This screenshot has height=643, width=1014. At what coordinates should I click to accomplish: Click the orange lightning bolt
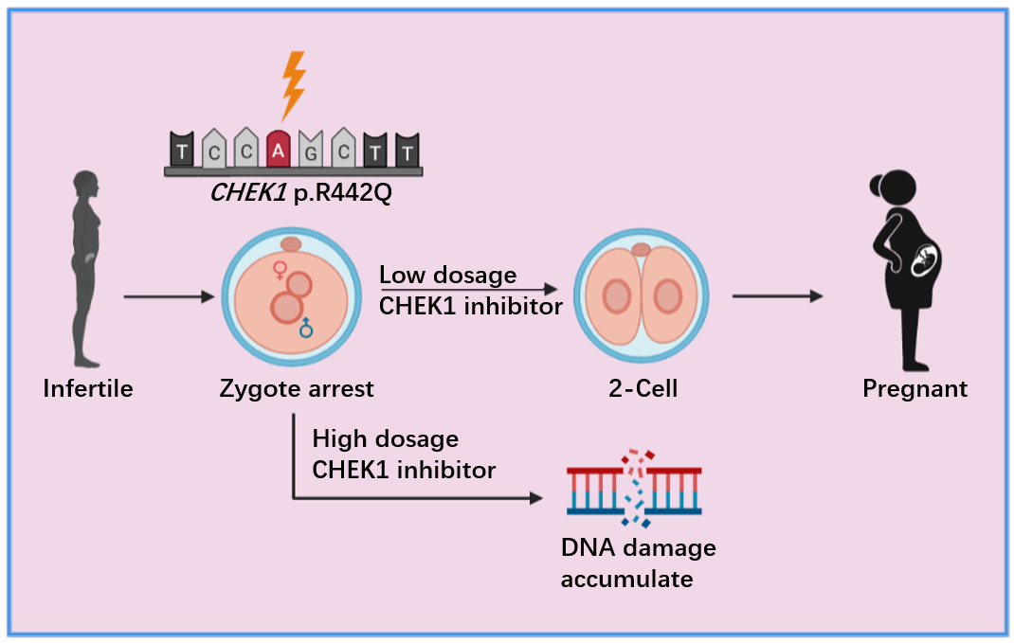point(295,84)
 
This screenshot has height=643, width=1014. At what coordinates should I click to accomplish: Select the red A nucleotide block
point(278,149)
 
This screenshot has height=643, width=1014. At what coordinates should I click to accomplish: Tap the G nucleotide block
point(309,149)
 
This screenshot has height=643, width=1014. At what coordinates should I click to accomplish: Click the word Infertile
point(88,388)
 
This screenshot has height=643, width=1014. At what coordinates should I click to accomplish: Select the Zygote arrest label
point(297,388)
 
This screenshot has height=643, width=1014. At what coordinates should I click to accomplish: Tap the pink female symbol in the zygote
point(280,272)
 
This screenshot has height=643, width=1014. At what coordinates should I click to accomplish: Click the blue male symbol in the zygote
point(305,328)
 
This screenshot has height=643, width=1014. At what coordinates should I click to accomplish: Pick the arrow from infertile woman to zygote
point(171,297)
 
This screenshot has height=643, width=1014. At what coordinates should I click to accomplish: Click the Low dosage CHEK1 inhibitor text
point(470,291)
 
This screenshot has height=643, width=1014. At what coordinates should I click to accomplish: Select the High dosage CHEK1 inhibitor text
point(404,454)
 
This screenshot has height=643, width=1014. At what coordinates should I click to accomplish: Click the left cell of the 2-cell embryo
point(616,296)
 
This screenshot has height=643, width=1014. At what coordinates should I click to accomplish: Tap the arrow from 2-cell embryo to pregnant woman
point(777,296)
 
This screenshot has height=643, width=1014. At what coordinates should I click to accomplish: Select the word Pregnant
point(914,388)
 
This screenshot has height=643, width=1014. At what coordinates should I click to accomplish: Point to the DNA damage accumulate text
point(638,563)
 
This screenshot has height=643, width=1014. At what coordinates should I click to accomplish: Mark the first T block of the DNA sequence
point(181,149)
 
